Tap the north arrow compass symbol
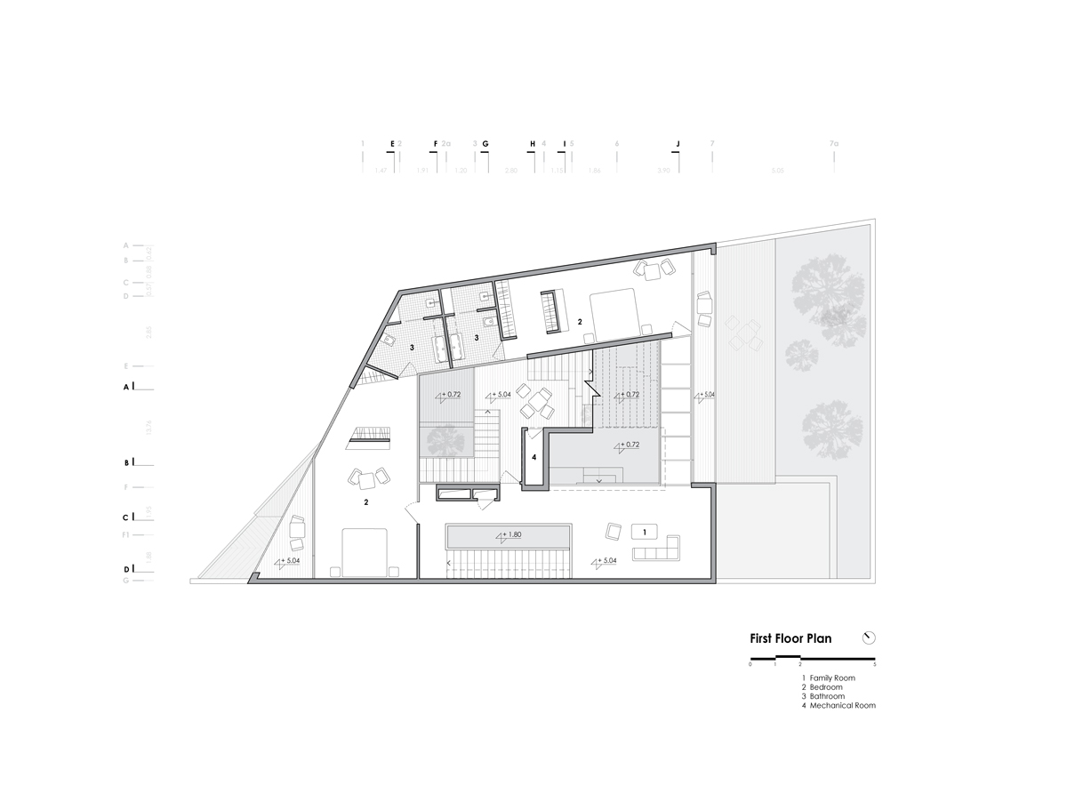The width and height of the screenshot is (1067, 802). [x=869, y=638]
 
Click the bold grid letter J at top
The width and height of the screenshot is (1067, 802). [x=678, y=143]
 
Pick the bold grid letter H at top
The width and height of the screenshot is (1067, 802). [x=533, y=143]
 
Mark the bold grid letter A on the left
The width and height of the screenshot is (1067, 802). [x=126, y=388]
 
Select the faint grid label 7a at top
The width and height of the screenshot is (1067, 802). [x=833, y=143]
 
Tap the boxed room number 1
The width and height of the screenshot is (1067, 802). [x=644, y=532]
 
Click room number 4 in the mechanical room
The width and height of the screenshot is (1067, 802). [x=533, y=457]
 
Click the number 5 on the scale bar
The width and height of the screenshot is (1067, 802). [x=875, y=665]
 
